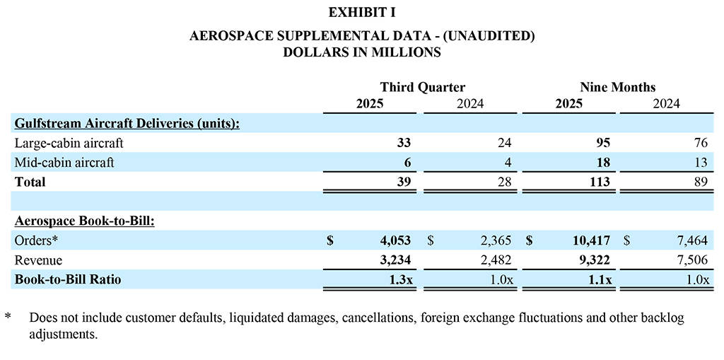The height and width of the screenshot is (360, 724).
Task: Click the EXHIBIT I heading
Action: coord(361,12)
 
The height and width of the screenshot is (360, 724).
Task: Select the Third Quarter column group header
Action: coord(422,88)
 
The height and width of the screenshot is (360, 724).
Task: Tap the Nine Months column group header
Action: coord(617,88)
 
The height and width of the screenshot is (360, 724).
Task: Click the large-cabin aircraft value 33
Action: coord(404,143)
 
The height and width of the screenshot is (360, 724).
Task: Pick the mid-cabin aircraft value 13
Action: coord(700,163)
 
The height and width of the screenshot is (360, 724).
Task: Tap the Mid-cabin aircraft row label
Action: coord(64,163)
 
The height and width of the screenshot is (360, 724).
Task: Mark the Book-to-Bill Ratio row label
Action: coord(68,279)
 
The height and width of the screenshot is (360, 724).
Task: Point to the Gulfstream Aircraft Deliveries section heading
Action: coord(127,124)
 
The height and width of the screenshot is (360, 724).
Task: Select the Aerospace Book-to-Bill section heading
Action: coord(84,221)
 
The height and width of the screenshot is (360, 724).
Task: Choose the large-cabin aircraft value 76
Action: coord(700,143)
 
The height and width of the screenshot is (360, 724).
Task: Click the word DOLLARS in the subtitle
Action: coord(312,52)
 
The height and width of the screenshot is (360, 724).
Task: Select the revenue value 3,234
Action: coord(392,260)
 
